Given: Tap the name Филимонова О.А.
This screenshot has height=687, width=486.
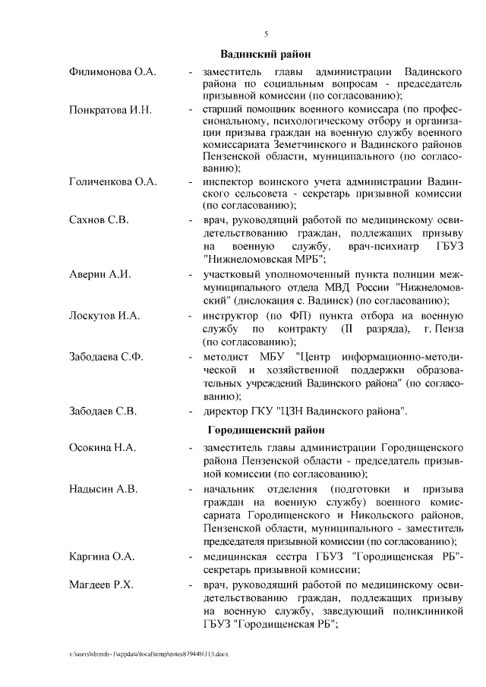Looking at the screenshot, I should tap(112, 71).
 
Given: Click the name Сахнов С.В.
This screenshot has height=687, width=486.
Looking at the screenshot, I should tap(99, 220).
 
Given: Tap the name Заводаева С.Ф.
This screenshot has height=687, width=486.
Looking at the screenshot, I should tap(106, 356).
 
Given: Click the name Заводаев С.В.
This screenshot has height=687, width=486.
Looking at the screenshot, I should tap(103, 412).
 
